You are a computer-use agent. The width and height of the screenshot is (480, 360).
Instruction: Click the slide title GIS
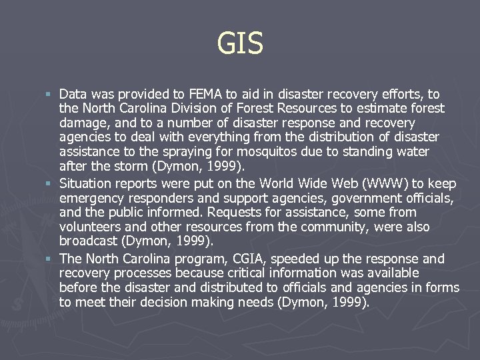(240, 45)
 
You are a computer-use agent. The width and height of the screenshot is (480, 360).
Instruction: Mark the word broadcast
(87, 242)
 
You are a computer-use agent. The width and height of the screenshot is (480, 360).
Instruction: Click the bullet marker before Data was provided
(51, 95)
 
